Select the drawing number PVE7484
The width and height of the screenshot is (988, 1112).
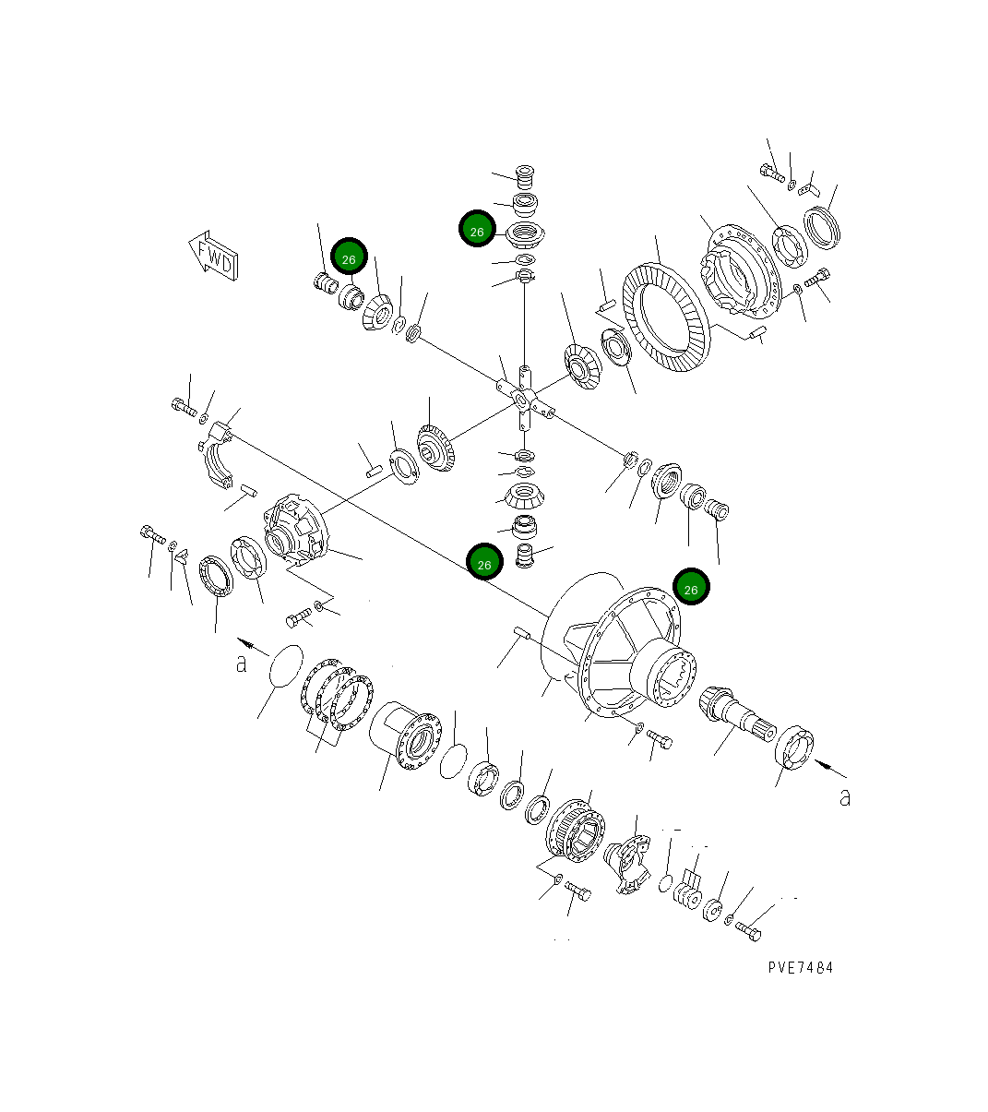(800, 967)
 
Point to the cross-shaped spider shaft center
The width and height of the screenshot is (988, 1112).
(523, 399)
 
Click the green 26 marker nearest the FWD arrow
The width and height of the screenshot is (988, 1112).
(349, 259)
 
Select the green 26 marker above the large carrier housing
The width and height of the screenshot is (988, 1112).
(691, 588)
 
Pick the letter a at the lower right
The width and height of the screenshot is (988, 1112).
(844, 798)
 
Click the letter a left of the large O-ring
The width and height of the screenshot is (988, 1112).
(242, 663)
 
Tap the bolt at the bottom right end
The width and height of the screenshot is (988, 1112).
(748, 931)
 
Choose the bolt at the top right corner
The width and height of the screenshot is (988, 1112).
(771, 172)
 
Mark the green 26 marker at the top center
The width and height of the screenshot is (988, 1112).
(477, 231)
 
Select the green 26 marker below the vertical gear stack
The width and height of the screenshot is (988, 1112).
(484, 562)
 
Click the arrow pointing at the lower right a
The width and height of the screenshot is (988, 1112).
(830, 766)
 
